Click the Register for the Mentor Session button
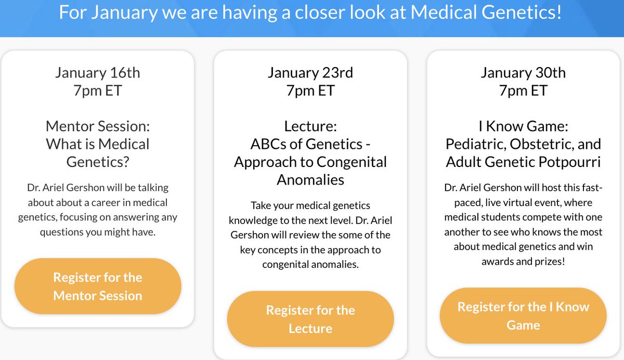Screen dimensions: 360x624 98,286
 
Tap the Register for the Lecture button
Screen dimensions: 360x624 310,319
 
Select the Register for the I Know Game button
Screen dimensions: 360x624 523,316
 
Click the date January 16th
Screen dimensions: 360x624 98,72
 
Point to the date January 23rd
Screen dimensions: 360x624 310,72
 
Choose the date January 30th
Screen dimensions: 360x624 523,72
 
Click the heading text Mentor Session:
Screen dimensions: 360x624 98,126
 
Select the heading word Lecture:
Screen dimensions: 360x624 310,126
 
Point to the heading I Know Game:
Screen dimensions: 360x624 523,126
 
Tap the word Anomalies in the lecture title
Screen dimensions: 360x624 310,179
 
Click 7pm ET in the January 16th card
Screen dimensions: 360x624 98,90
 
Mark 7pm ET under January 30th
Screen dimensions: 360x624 523,90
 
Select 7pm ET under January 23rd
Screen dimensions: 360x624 310,90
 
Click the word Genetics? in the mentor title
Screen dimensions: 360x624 98,162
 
